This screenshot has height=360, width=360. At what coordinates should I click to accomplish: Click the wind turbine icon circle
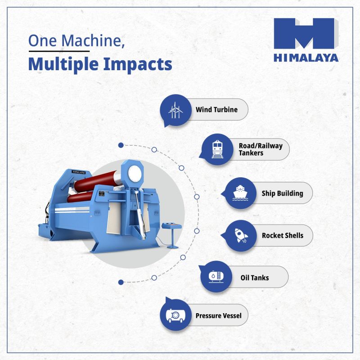[175, 110]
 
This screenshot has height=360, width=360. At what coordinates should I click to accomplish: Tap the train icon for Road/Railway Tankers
[217, 149]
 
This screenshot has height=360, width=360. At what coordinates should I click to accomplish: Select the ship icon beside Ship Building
[240, 193]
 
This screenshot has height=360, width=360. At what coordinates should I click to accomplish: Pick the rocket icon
[241, 235]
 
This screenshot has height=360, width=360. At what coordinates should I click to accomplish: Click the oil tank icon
[216, 277]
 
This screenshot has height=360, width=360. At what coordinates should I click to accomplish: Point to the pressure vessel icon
[175, 315]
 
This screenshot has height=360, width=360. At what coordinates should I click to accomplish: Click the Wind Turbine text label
[216, 109]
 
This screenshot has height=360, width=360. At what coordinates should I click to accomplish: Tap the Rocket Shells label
[283, 235]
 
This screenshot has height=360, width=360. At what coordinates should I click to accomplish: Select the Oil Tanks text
[255, 278]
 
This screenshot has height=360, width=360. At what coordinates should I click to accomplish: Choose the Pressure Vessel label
[218, 316]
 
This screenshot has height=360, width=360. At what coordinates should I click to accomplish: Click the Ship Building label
[283, 193]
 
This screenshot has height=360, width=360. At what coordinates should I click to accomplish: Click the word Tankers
[251, 153]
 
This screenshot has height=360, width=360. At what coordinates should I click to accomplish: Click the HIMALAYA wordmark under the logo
[306, 58]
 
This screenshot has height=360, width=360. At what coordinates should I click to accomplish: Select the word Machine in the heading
[93, 40]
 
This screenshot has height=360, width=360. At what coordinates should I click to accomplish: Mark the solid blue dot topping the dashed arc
[121, 145]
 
